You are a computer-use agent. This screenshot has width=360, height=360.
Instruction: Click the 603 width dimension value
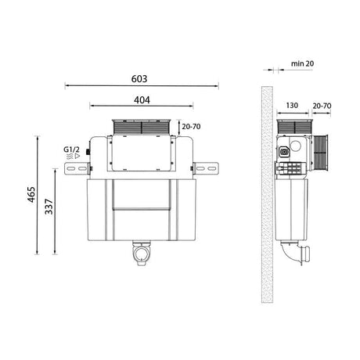142,79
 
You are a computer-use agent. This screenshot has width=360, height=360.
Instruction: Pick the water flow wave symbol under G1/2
72,157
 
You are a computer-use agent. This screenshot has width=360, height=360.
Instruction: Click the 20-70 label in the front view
191,124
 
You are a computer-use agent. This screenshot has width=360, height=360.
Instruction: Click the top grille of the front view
142,127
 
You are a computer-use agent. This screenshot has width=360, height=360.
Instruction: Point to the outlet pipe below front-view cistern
142,254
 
